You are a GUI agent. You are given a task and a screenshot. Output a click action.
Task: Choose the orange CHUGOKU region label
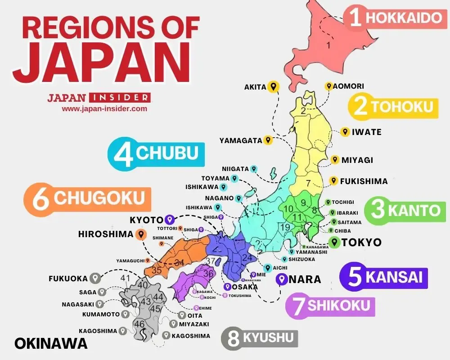click(88, 198)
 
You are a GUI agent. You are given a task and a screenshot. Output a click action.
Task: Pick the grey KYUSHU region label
click(260, 337)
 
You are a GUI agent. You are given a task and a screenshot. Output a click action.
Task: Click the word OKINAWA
click(50, 344)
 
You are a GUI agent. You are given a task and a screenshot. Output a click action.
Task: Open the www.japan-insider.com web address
click(104, 108)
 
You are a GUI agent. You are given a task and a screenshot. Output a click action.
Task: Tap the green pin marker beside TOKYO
click(334, 242)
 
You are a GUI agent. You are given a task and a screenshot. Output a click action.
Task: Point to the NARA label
click(305, 279)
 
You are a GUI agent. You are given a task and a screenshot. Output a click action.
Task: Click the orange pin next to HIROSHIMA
click(141, 234)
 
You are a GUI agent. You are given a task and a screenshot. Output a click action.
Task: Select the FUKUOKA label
click(68, 279)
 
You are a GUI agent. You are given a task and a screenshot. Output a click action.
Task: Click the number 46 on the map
click(139, 324)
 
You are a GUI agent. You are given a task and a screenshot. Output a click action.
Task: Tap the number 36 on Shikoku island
click(208, 273)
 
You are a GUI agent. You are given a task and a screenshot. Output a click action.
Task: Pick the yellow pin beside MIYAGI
click(334, 160)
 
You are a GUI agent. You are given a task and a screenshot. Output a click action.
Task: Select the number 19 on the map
click(285, 227)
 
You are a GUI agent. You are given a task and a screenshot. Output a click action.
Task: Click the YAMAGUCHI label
click(130, 261)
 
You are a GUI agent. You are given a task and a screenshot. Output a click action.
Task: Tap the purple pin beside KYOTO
click(169, 220)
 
